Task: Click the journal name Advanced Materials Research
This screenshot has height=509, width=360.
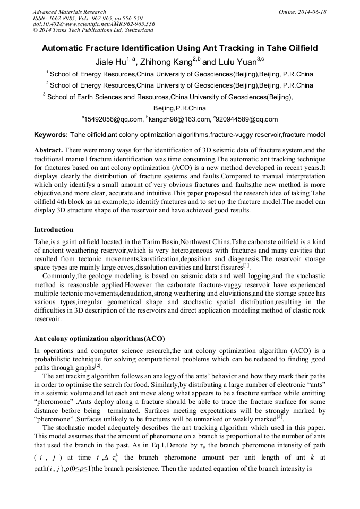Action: click(69, 12)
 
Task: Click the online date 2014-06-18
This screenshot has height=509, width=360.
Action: click(311, 12)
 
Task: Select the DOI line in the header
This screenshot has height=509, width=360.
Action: click(94, 24)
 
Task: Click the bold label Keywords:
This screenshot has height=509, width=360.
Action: click(51, 135)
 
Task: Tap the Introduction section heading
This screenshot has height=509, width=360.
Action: click(54, 230)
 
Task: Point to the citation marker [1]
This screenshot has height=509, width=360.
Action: click(246, 264)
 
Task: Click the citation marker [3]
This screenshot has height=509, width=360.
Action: click(279, 418)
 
